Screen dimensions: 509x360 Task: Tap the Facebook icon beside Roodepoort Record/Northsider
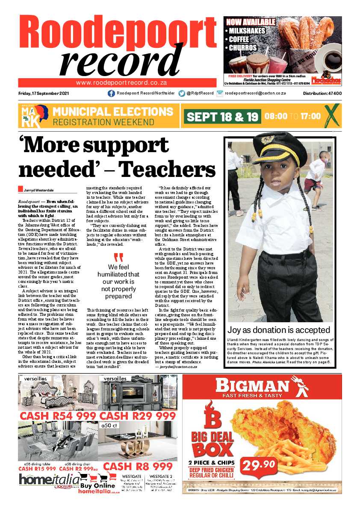pyautogui.click(x=111, y=93)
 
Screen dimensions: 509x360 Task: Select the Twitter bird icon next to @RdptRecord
pyautogui.click(x=182, y=93)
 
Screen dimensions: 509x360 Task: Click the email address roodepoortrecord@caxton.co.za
pyautogui.click(x=255, y=93)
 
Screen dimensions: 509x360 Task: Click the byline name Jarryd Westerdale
pyautogui.click(x=39, y=190)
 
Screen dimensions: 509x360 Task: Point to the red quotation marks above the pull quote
pyautogui.click(x=118, y=258)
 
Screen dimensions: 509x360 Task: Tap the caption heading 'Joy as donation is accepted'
pyautogui.click(x=279, y=330)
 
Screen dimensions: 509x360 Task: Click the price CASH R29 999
pyautogui.click(x=138, y=416)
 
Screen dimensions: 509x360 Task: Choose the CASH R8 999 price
pyautogui.click(x=138, y=466)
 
